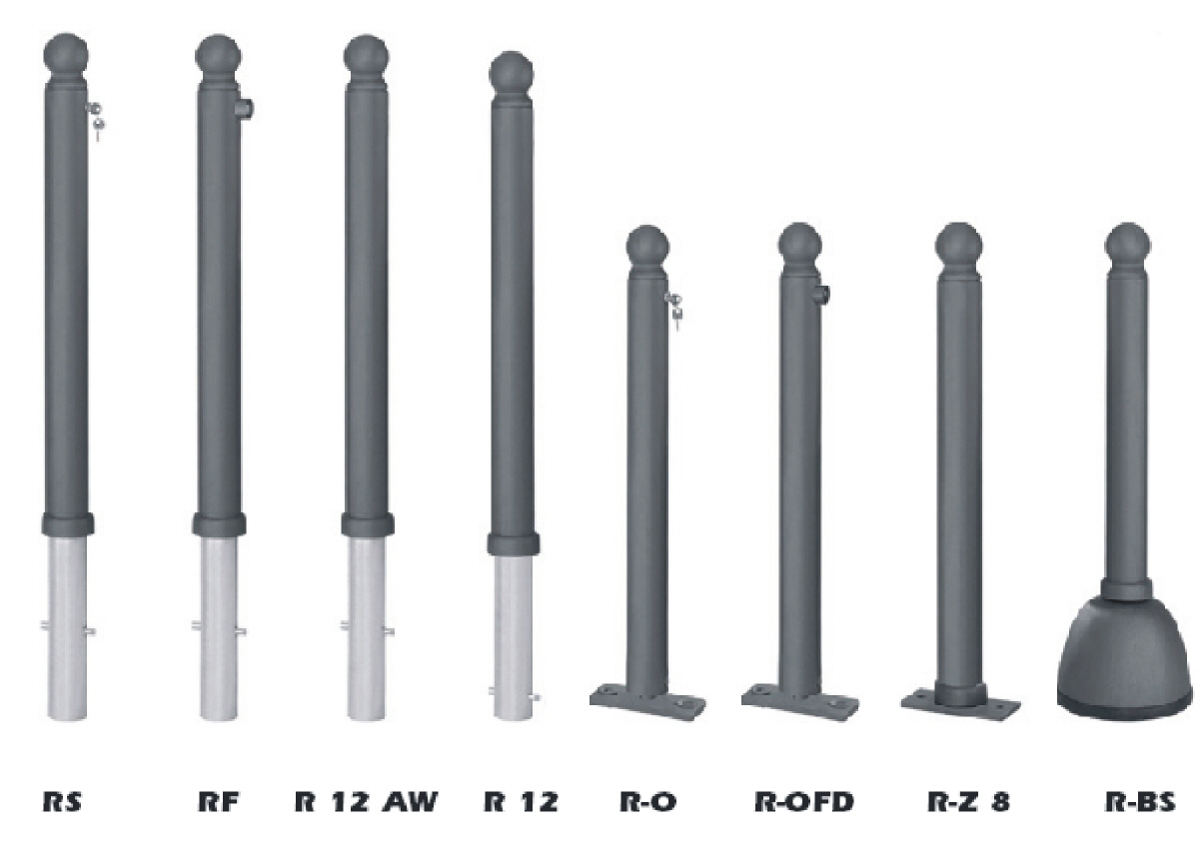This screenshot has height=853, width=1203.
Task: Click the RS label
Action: pyautogui.click(x=62, y=801)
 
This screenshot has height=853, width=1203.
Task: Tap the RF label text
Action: pyautogui.click(x=218, y=801)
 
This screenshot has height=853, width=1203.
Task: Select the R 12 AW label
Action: pyautogui.click(x=367, y=801)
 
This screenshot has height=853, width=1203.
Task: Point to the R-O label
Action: pyautogui.click(x=648, y=801)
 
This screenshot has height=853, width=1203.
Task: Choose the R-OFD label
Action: pyautogui.click(x=804, y=801)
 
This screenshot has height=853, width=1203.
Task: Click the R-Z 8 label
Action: pyautogui.click(x=969, y=801)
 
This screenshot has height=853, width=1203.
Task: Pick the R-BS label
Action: pyautogui.click(x=1140, y=801)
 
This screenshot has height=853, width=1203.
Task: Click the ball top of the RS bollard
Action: pyautogui.click(x=66, y=55)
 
